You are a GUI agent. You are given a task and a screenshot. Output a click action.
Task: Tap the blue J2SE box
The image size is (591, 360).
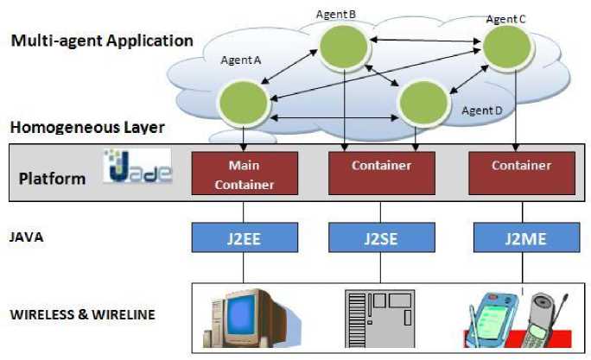[x=381, y=237]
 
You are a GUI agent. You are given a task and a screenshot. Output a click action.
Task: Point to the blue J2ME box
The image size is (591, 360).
[x=520, y=237]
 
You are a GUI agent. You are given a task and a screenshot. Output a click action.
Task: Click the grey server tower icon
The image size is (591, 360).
[x=380, y=318]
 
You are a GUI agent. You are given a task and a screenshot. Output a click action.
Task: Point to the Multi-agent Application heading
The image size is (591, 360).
[x=102, y=41]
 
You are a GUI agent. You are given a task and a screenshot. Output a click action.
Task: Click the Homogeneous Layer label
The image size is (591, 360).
[x=87, y=128]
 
